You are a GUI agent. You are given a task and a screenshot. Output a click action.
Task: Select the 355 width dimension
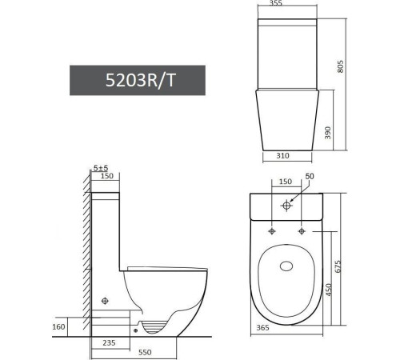click(x=276, y=5)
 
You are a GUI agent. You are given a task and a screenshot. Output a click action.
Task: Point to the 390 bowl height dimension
click(x=326, y=132)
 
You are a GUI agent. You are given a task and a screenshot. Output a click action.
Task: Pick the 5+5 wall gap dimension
click(x=100, y=167)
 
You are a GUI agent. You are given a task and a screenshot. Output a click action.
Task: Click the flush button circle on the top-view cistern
click(x=286, y=205)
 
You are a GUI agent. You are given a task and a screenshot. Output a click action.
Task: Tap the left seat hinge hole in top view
click(x=272, y=231)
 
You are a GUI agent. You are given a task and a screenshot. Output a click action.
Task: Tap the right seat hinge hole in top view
click(x=301, y=231)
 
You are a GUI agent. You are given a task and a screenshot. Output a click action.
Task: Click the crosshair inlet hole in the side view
click(x=104, y=301)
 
